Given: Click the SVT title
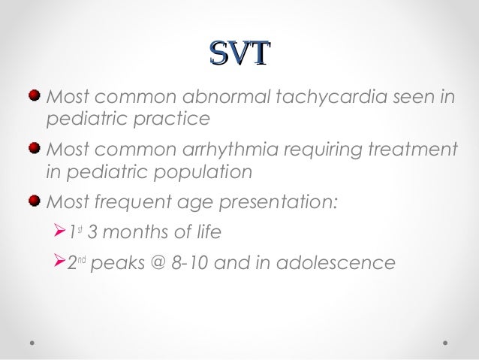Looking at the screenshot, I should pyautogui.click(x=239, y=53).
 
